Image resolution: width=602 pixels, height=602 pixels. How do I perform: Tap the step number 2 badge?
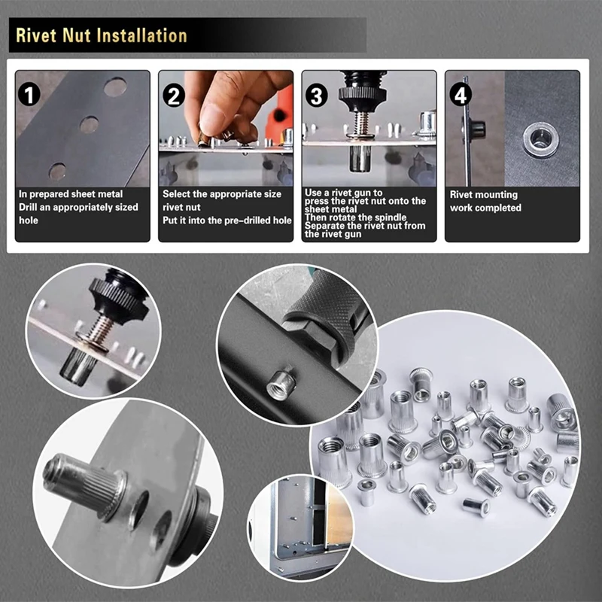174,95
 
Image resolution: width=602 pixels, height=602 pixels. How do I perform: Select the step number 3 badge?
317,95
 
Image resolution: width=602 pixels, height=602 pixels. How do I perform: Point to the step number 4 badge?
461,95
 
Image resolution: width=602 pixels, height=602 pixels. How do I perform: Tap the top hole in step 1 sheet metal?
115,87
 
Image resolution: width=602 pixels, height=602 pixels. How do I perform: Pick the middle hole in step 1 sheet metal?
90,125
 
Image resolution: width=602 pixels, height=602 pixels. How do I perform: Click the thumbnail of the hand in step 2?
226,105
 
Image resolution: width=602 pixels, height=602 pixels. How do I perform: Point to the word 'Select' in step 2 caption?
178,194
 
